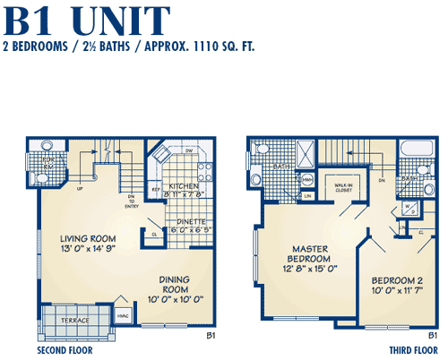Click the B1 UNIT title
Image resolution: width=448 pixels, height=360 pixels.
(x=86, y=20)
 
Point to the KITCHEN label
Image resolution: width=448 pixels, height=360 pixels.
(x=183, y=185)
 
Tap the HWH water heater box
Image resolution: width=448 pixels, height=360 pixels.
(x=307, y=179)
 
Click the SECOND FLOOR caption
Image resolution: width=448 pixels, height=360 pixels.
(x=68, y=350)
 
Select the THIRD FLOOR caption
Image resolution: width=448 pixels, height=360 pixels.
(x=410, y=350)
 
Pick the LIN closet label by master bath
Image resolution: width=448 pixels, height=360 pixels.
(x=307, y=195)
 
